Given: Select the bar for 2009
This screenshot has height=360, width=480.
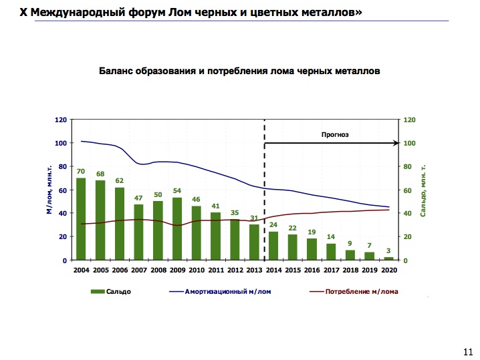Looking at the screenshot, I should click(177, 228).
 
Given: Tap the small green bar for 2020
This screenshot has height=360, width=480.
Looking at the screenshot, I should click(388, 258).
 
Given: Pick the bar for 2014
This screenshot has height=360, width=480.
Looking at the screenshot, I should click(273, 246).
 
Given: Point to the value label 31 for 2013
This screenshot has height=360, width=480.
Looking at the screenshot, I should click(254, 218).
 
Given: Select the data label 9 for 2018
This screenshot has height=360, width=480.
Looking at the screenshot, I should click(350, 243).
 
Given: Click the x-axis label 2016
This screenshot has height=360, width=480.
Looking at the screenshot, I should click(312, 270).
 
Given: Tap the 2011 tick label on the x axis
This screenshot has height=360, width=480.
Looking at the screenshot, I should click(215, 270).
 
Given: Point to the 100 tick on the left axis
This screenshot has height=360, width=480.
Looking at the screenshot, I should click(62, 143).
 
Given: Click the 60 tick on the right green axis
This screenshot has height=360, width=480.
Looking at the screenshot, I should click(409, 190).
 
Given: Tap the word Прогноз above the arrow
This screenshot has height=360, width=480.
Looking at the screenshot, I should click(336, 134).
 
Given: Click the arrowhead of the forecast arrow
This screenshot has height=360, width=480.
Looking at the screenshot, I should click(397, 143).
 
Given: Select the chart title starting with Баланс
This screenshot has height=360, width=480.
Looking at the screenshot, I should click(239, 69).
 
